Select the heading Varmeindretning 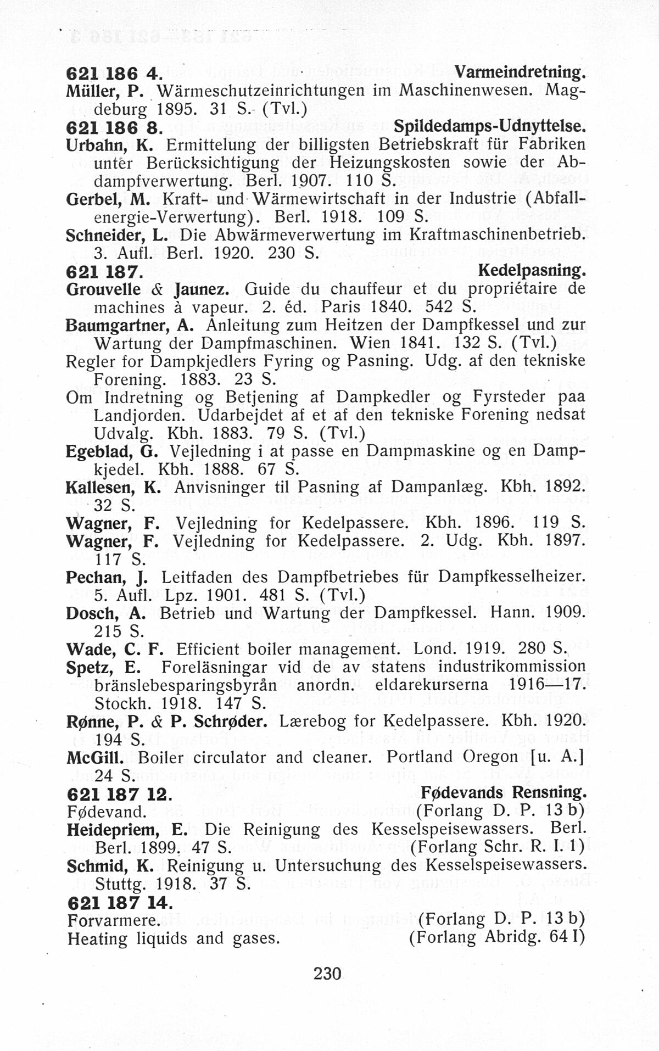[x=520, y=72]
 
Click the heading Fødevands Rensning [x=504, y=792]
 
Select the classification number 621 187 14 [x=119, y=902]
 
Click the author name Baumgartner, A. [x=130, y=325]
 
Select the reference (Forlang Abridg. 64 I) [x=496, y=937]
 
